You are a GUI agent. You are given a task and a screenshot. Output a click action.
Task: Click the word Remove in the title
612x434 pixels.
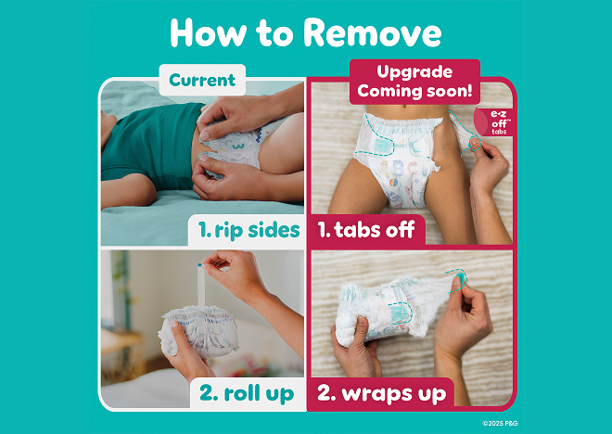(373, 33)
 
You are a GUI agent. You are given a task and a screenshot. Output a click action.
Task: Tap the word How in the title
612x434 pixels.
(208, 33)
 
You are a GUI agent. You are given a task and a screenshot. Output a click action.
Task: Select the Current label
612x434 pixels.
(202, 80)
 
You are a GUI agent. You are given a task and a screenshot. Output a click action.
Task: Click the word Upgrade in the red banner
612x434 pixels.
(414, 72)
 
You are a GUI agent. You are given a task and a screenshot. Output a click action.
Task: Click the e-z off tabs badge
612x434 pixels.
(496, 122)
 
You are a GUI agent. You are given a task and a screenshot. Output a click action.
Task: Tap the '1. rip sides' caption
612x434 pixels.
(249, 230)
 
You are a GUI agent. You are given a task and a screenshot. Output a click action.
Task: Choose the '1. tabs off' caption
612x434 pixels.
(366, 229)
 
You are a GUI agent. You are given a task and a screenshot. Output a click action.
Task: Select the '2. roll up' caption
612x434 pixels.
(247, 393)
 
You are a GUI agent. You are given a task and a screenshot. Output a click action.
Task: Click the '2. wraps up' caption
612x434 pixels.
(381, 393)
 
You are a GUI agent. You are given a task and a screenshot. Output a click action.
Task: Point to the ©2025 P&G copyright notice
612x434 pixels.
(500, 423)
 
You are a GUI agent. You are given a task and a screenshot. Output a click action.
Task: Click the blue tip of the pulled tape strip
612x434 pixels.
(200, 265)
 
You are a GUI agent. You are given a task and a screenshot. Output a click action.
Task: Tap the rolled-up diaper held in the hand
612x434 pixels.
(200, 330)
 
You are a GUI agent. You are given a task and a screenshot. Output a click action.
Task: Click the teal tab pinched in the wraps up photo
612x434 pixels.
(461, 278)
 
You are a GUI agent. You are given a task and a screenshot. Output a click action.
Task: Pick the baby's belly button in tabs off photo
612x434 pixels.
(405, 106)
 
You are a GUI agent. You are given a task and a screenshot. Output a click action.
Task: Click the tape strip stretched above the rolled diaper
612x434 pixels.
(201, 287)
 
